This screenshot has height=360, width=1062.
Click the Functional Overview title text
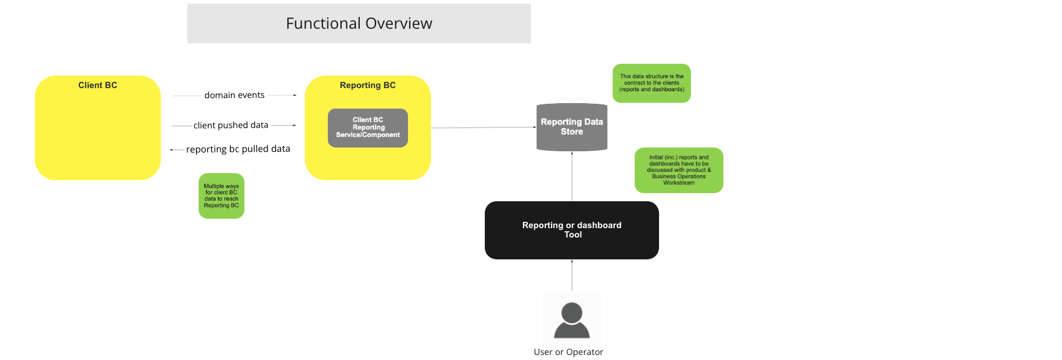tap(359, 24)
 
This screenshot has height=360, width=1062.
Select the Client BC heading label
tap(97, 85)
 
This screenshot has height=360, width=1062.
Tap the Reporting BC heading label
tap(367, 85)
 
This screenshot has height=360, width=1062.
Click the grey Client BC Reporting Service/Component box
tap(367, 127)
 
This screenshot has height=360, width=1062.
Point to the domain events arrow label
tap(234, 95)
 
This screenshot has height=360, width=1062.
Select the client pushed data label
tap(231, 125)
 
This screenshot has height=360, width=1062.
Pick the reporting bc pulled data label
tap(238, 149)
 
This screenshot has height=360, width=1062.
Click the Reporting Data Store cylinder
tap(572, 127)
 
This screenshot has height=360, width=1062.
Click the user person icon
tap(572, 319)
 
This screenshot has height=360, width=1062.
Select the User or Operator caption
tap(568, 352)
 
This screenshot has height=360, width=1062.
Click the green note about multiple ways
tap(221, 196)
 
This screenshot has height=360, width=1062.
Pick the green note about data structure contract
tap(652, 83)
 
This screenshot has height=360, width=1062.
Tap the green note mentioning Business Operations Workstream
tap(678, 170)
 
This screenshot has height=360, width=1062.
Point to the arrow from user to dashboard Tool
tap(572, 275)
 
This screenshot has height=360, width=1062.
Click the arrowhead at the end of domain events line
tap(295, 96)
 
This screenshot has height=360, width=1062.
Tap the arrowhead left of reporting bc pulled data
tap(171, 150)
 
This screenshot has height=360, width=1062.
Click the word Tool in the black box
tap(573, 235)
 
